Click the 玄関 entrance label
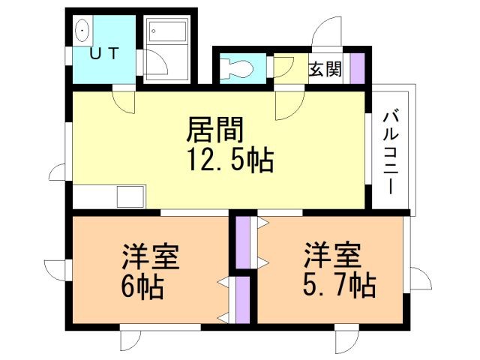[x=325, y=70]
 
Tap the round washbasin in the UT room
[x=82, y=29]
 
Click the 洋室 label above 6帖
[x=151, y=256]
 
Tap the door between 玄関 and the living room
[x=288, y=104]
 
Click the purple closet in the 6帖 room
[x=242, y=300]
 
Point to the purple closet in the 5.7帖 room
[x=242, y=241]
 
